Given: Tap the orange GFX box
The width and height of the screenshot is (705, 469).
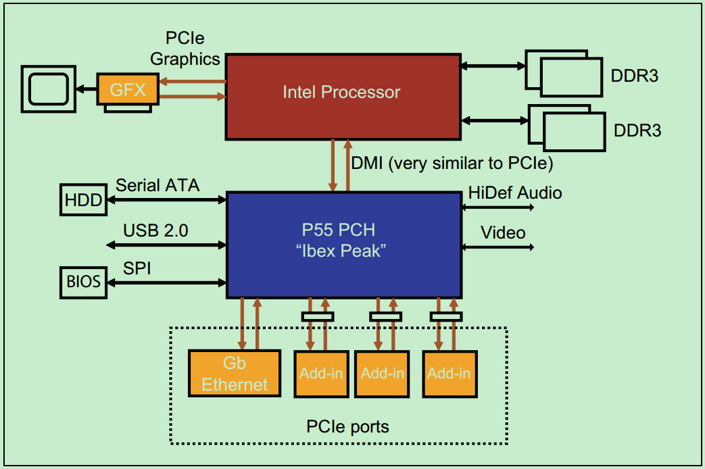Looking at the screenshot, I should tap(128, 89).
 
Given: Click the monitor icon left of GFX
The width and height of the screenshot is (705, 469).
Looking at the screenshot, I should tap(47, 89).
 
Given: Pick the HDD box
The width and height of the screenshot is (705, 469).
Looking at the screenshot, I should tap(82, 199).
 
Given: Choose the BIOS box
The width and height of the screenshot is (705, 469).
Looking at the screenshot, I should tap(82, 281).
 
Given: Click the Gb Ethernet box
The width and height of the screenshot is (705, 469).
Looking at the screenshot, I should tap(235, 373).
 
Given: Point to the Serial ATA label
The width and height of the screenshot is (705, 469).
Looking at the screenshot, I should tap(157, 184).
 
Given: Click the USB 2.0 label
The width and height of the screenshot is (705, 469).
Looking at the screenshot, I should tap(155, 231).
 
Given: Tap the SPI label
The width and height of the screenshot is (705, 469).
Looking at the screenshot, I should tap(137, 268).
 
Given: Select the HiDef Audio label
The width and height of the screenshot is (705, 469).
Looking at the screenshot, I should tap(515, 193).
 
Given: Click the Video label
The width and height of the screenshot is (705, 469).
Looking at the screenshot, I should tap(503, 233).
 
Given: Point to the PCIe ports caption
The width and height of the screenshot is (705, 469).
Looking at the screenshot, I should tap(347, 426).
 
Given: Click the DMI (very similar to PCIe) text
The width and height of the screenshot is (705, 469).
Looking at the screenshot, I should tap(452, 163).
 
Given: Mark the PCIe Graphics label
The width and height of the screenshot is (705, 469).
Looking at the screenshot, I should tap(185, 49).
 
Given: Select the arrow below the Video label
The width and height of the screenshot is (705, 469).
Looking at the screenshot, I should tap(497, 247).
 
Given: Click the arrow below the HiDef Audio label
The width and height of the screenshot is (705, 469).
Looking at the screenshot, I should tap(497, 209).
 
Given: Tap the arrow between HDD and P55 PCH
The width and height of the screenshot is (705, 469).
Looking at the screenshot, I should tap(165, 199).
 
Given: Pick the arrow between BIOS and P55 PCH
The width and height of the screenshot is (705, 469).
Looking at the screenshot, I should tap(166, 282).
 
